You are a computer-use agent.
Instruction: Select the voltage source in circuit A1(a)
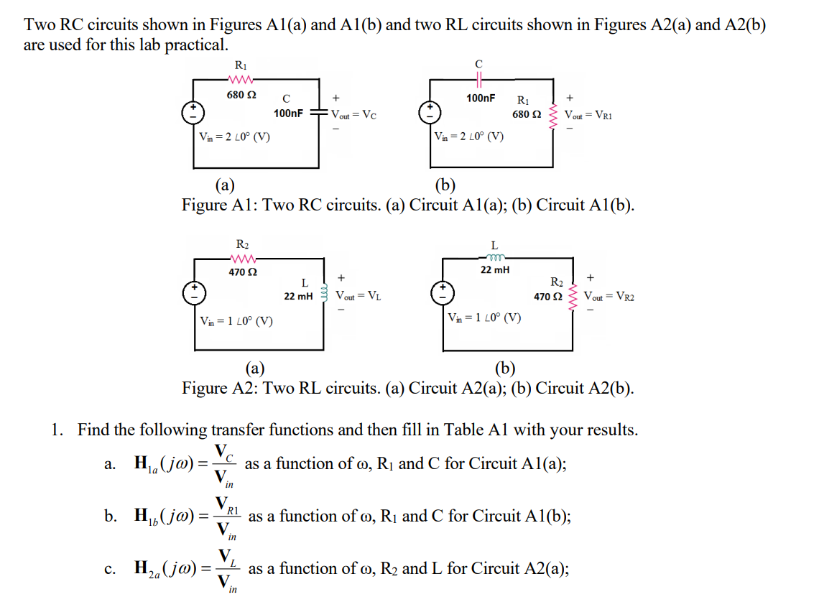(193, 114)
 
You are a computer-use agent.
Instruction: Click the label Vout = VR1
(588, 115)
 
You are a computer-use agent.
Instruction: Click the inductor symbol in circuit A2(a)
(325, 295)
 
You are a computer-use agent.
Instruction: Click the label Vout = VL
(358, 295)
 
